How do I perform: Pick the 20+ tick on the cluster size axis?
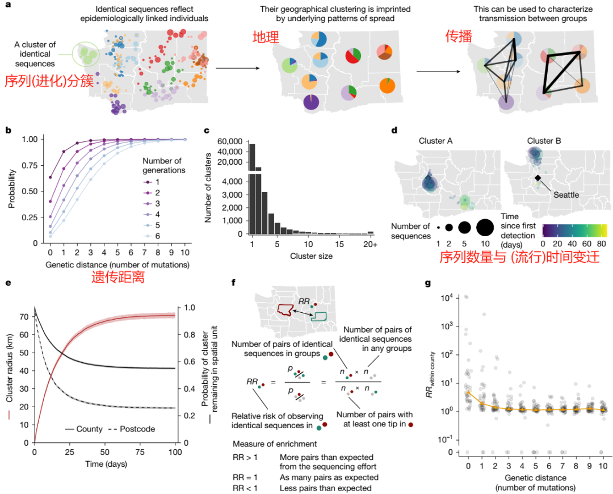tap(371, 245)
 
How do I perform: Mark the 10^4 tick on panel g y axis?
tap(447, 296)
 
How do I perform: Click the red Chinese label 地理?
tap(266, 38)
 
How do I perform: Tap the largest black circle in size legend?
tap(484, 228)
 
